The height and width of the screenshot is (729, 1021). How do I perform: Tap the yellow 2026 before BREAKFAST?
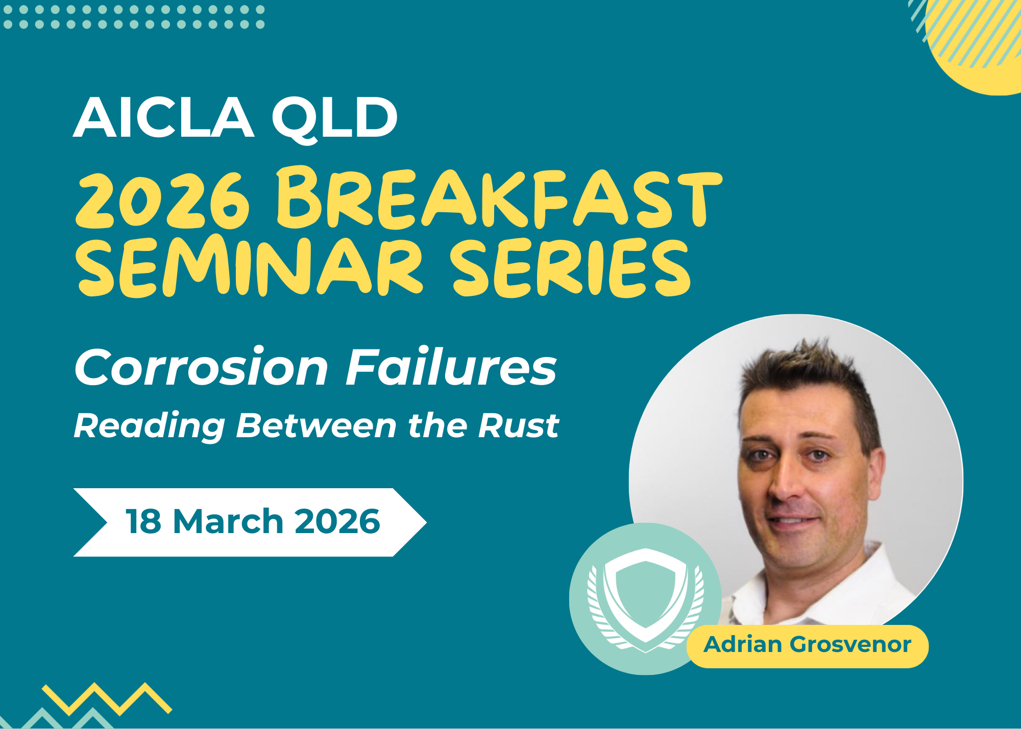click(163, 200)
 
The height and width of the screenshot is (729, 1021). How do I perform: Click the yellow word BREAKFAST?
click(499, 197)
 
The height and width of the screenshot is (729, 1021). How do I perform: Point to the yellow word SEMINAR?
click(250, 266)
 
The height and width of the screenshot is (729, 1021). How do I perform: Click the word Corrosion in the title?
click(202, 367)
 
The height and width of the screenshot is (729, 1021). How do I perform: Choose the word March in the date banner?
click(228, 521)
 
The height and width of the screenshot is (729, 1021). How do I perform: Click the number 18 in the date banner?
click(143, 521)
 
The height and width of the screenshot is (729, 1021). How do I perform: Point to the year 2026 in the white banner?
click(337, 521)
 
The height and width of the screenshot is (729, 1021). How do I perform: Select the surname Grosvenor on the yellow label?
click(850, 645)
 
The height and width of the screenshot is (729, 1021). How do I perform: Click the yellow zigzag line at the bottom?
click(107, 698)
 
